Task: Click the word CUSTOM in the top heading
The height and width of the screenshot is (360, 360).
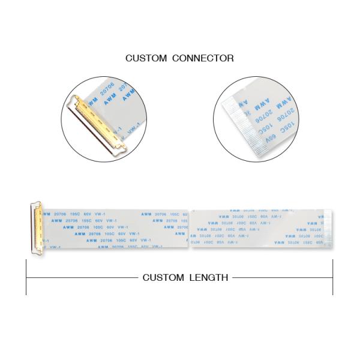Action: click(146, 58)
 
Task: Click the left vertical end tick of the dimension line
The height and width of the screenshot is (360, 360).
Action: click(26, 277)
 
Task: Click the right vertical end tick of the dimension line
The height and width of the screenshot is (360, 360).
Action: click(332, 277)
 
